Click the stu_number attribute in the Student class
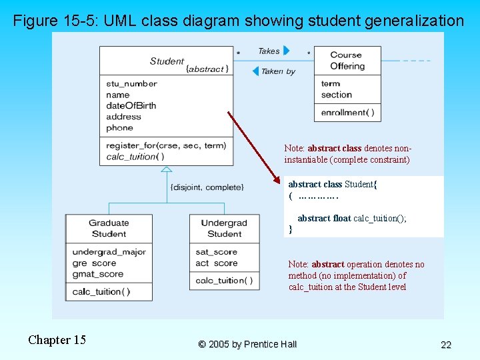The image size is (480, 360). (x=131, y=84)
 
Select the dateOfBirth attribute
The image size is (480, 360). (x=131, y=105)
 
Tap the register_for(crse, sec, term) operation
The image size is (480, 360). (x=166, y=145)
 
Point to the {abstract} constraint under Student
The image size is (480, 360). (x=207, y=69)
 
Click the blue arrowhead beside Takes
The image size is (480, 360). (x=287, y=51)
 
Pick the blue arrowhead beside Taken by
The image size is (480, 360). (x=255, y=71)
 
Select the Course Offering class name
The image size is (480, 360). (x=347, y=61)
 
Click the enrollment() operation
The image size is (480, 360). (x=347, y=113)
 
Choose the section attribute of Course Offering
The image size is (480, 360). (x=336, y=95)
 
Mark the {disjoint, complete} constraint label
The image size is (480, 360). (x=207, y=187)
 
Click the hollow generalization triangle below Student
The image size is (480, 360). (x=166, y=171)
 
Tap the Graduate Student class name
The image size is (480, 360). (x=109, y=228)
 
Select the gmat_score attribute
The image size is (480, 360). (x=97, y=274)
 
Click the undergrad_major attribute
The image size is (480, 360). (x=109, y=252)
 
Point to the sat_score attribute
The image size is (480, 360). (x=216, y=252)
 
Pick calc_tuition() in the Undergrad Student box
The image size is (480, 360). (x=224, y=281)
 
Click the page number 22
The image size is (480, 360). (x=446, y=345)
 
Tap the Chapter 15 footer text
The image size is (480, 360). (x=57, y=340)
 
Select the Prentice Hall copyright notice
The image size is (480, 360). (x=247, y=344)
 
